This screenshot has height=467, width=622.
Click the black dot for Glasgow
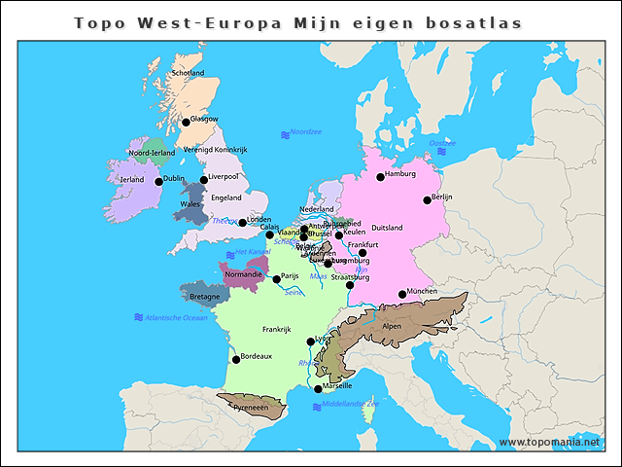tap(186, 122)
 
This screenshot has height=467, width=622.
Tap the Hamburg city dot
tap(380, 177)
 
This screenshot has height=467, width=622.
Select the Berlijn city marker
tap(427, 200)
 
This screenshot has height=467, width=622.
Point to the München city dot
tap(402, 295)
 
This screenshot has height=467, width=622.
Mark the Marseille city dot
tap(318, 389)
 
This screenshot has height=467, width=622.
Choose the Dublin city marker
tap(158, 181)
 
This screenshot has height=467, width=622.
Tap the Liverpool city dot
tap(204, 180)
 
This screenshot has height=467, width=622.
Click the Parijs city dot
tap(276, 279)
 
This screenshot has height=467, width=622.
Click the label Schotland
tap(188, 73)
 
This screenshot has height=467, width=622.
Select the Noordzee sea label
tap(305, 131)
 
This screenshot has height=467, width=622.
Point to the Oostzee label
tap(442, 143)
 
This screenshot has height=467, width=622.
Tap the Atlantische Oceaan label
tap(175, 317)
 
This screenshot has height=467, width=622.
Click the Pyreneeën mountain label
tap(251, 408)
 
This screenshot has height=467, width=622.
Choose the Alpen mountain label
tap(392, 326)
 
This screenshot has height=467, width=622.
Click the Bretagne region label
tap(204, 296)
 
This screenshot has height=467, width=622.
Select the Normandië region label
tap(244, 274)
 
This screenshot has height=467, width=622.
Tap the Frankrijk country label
tap(277, 329)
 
